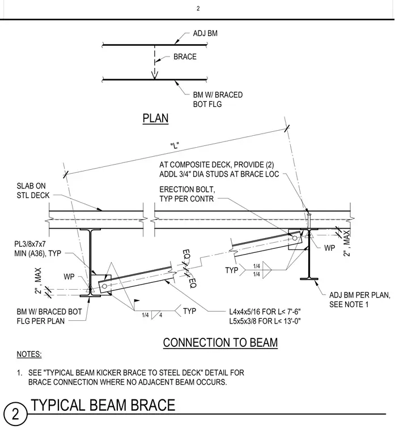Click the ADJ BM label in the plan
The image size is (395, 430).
(x=205, y=33)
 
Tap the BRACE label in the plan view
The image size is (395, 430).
(x=185, y=57)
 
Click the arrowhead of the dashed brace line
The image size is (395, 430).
(x=155, y=75)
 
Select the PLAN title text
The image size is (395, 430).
(x=155, y=118)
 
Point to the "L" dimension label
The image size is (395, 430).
(x=175, y=145)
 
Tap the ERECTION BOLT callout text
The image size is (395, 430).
(x=187, y=194)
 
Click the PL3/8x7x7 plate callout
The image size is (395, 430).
(x=37, y=248)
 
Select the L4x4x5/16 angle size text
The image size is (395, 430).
(x=265, y=312)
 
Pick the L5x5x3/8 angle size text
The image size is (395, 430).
(x=265, y=321)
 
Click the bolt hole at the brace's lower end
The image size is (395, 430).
(x=104, y=287)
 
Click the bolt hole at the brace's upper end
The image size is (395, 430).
(x=295, y=238)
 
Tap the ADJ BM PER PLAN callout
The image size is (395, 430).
(x=359, y=300)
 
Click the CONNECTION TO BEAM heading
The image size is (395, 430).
(x=220, y=342)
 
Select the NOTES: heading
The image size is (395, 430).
(x=29, y=354)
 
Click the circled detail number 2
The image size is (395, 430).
(x=15, y=414)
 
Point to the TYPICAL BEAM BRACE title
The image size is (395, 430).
(x=103, y=405)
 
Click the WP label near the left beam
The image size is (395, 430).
(x=69, y=277)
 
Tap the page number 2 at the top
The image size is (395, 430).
(x=198, y=8)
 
